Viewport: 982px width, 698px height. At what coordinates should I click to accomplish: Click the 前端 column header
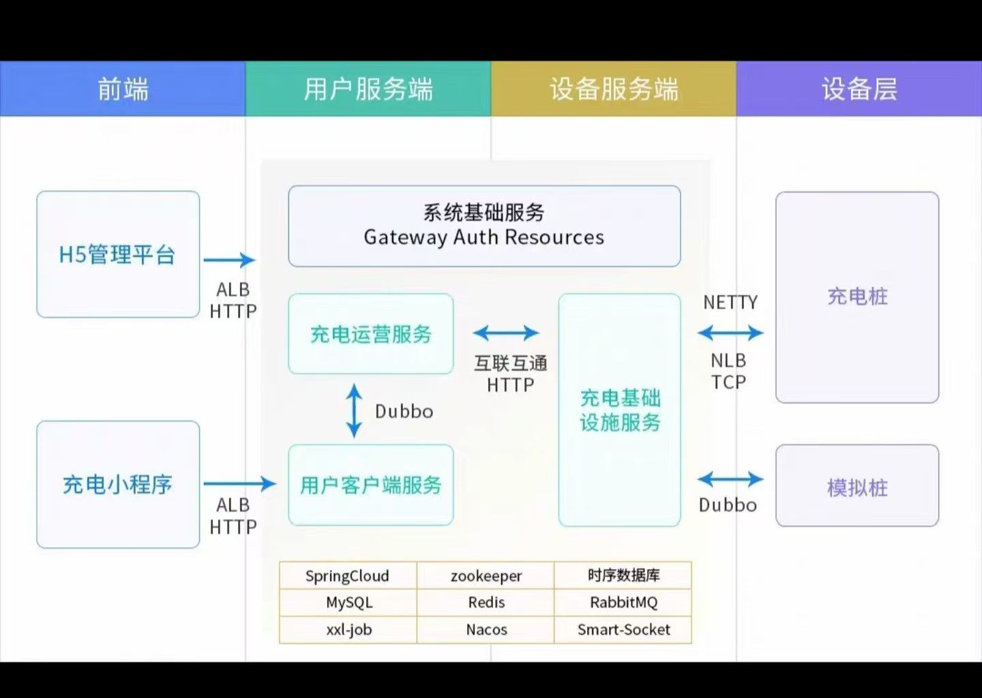click(123, 89)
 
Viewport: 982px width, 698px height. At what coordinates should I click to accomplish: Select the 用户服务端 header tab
click(368, 89)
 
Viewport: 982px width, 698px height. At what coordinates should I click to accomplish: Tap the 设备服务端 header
click(614, 89)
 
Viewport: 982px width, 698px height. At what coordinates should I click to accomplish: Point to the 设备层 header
click(859, 89)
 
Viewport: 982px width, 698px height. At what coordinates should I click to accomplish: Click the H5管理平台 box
click(118, 254)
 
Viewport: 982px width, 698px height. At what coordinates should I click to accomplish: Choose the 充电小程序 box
click(118, 485)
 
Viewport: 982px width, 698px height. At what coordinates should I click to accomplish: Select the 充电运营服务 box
click(371, 334)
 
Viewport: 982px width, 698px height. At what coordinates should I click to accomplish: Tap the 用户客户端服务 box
click(371, 485)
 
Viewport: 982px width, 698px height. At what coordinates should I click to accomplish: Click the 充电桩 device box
click(857, 297)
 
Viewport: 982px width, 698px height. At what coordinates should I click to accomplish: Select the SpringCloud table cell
click(347, 576)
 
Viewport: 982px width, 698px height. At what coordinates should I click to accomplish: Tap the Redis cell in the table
click(486, 603)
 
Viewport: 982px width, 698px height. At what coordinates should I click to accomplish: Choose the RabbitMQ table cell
click(623, 603)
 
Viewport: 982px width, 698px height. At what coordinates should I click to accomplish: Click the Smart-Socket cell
click(623, 630)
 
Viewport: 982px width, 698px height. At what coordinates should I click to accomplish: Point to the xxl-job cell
click(348, 630)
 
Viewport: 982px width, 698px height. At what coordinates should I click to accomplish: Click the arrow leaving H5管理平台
click(229, 260)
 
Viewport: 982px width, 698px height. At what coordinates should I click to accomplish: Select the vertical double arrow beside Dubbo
click(354, 410)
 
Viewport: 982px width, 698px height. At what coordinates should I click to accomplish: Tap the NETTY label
click(730, 302)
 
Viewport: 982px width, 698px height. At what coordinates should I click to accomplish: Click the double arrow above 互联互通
click(506, 333)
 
